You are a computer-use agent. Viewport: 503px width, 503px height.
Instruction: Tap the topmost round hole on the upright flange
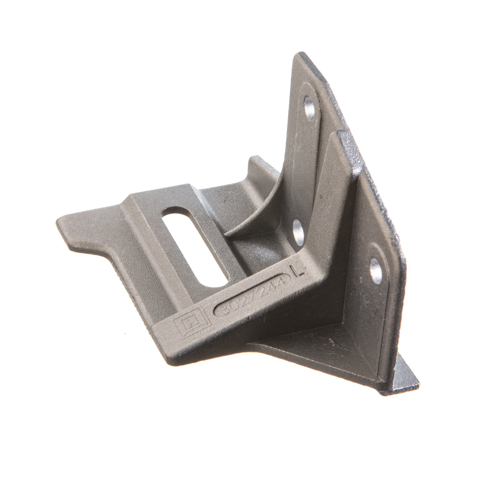(309, 108)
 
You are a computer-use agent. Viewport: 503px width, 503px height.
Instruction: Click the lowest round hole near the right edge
(376, 271)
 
